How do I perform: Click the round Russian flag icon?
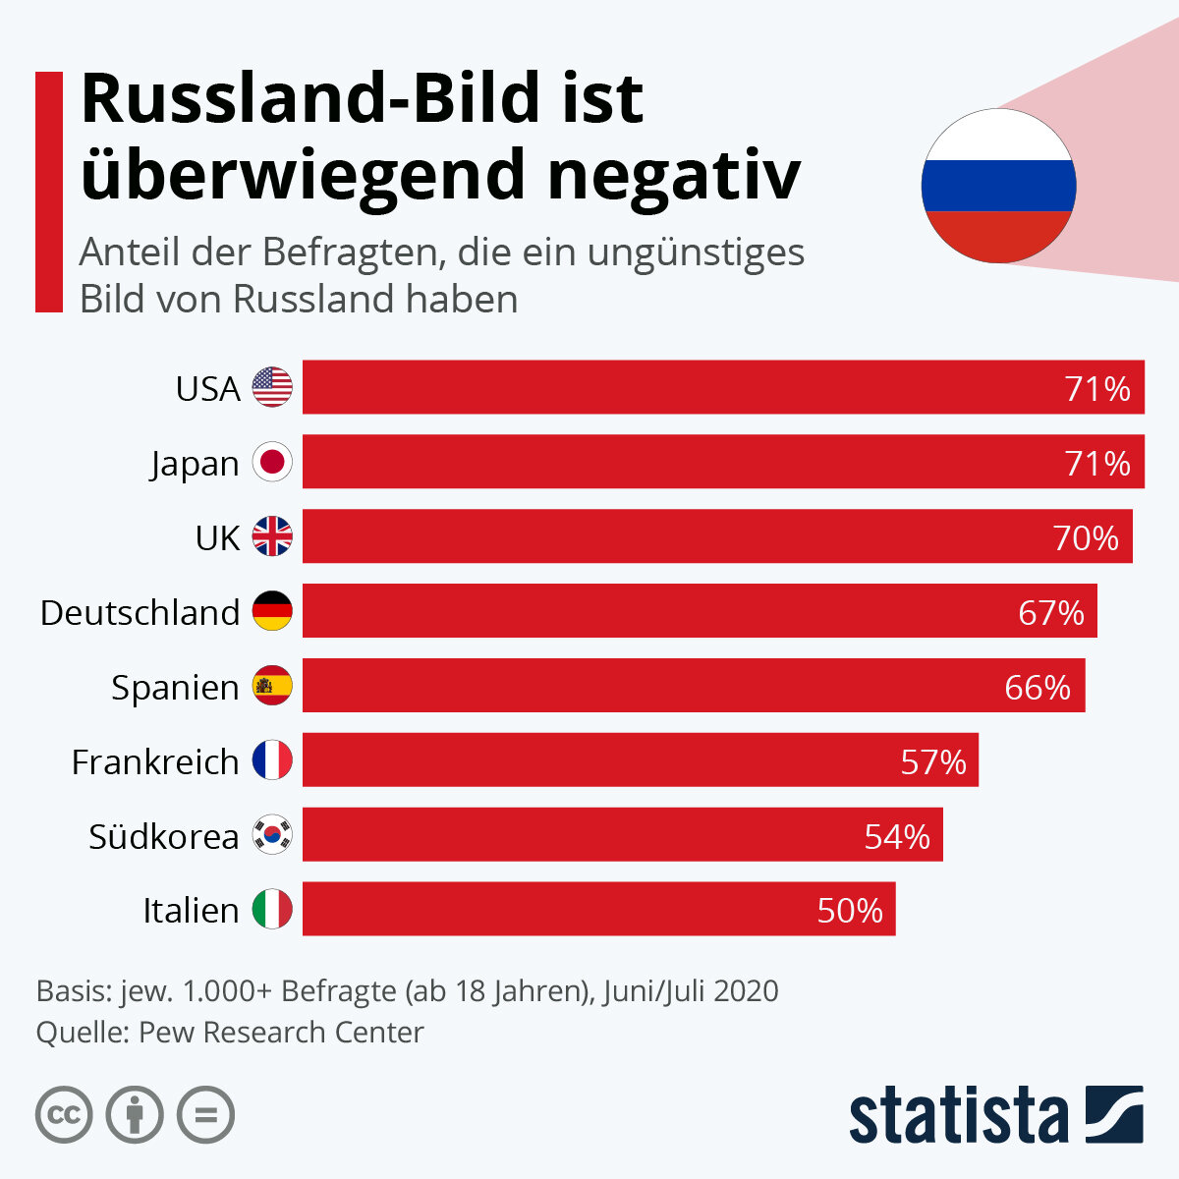pyautogui.click(x=998, y=186)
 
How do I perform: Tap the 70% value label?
pyautogui.click(x=1086, y=537)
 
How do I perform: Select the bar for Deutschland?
pyautogui.click(x=699, y=611)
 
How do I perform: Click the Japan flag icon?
pyautogui.click(x=272, y=463)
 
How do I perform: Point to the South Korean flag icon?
pyautogui.click(x=272, y=835)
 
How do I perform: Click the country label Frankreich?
pyautogui.click(x=155, y=761)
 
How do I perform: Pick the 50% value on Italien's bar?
pyautogui.click(x=850, y=910)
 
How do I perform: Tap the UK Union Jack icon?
pyautogui.click(x=272, y=537)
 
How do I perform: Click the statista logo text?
pyautogui.click(x=958, y=1115)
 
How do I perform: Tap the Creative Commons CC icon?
pyautogui.click(x=64, y=1115)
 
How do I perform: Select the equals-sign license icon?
pyautogui.click(x=205, y=1115)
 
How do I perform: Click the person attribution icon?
pyautogui.click(x=135, y=1115)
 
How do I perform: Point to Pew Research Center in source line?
pyautogui.click(x=281, y=1033)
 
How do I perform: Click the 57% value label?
pyautogui.click(x=933, y=761)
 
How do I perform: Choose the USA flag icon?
pyautogui.click(x=272, y=388)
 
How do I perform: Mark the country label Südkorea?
pyautogui.click(x=163, y=836)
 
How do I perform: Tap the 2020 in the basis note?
pyautogui.click(x=746, y=990)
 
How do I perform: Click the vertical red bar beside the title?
pyautogui.click(x=49, y=192)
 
